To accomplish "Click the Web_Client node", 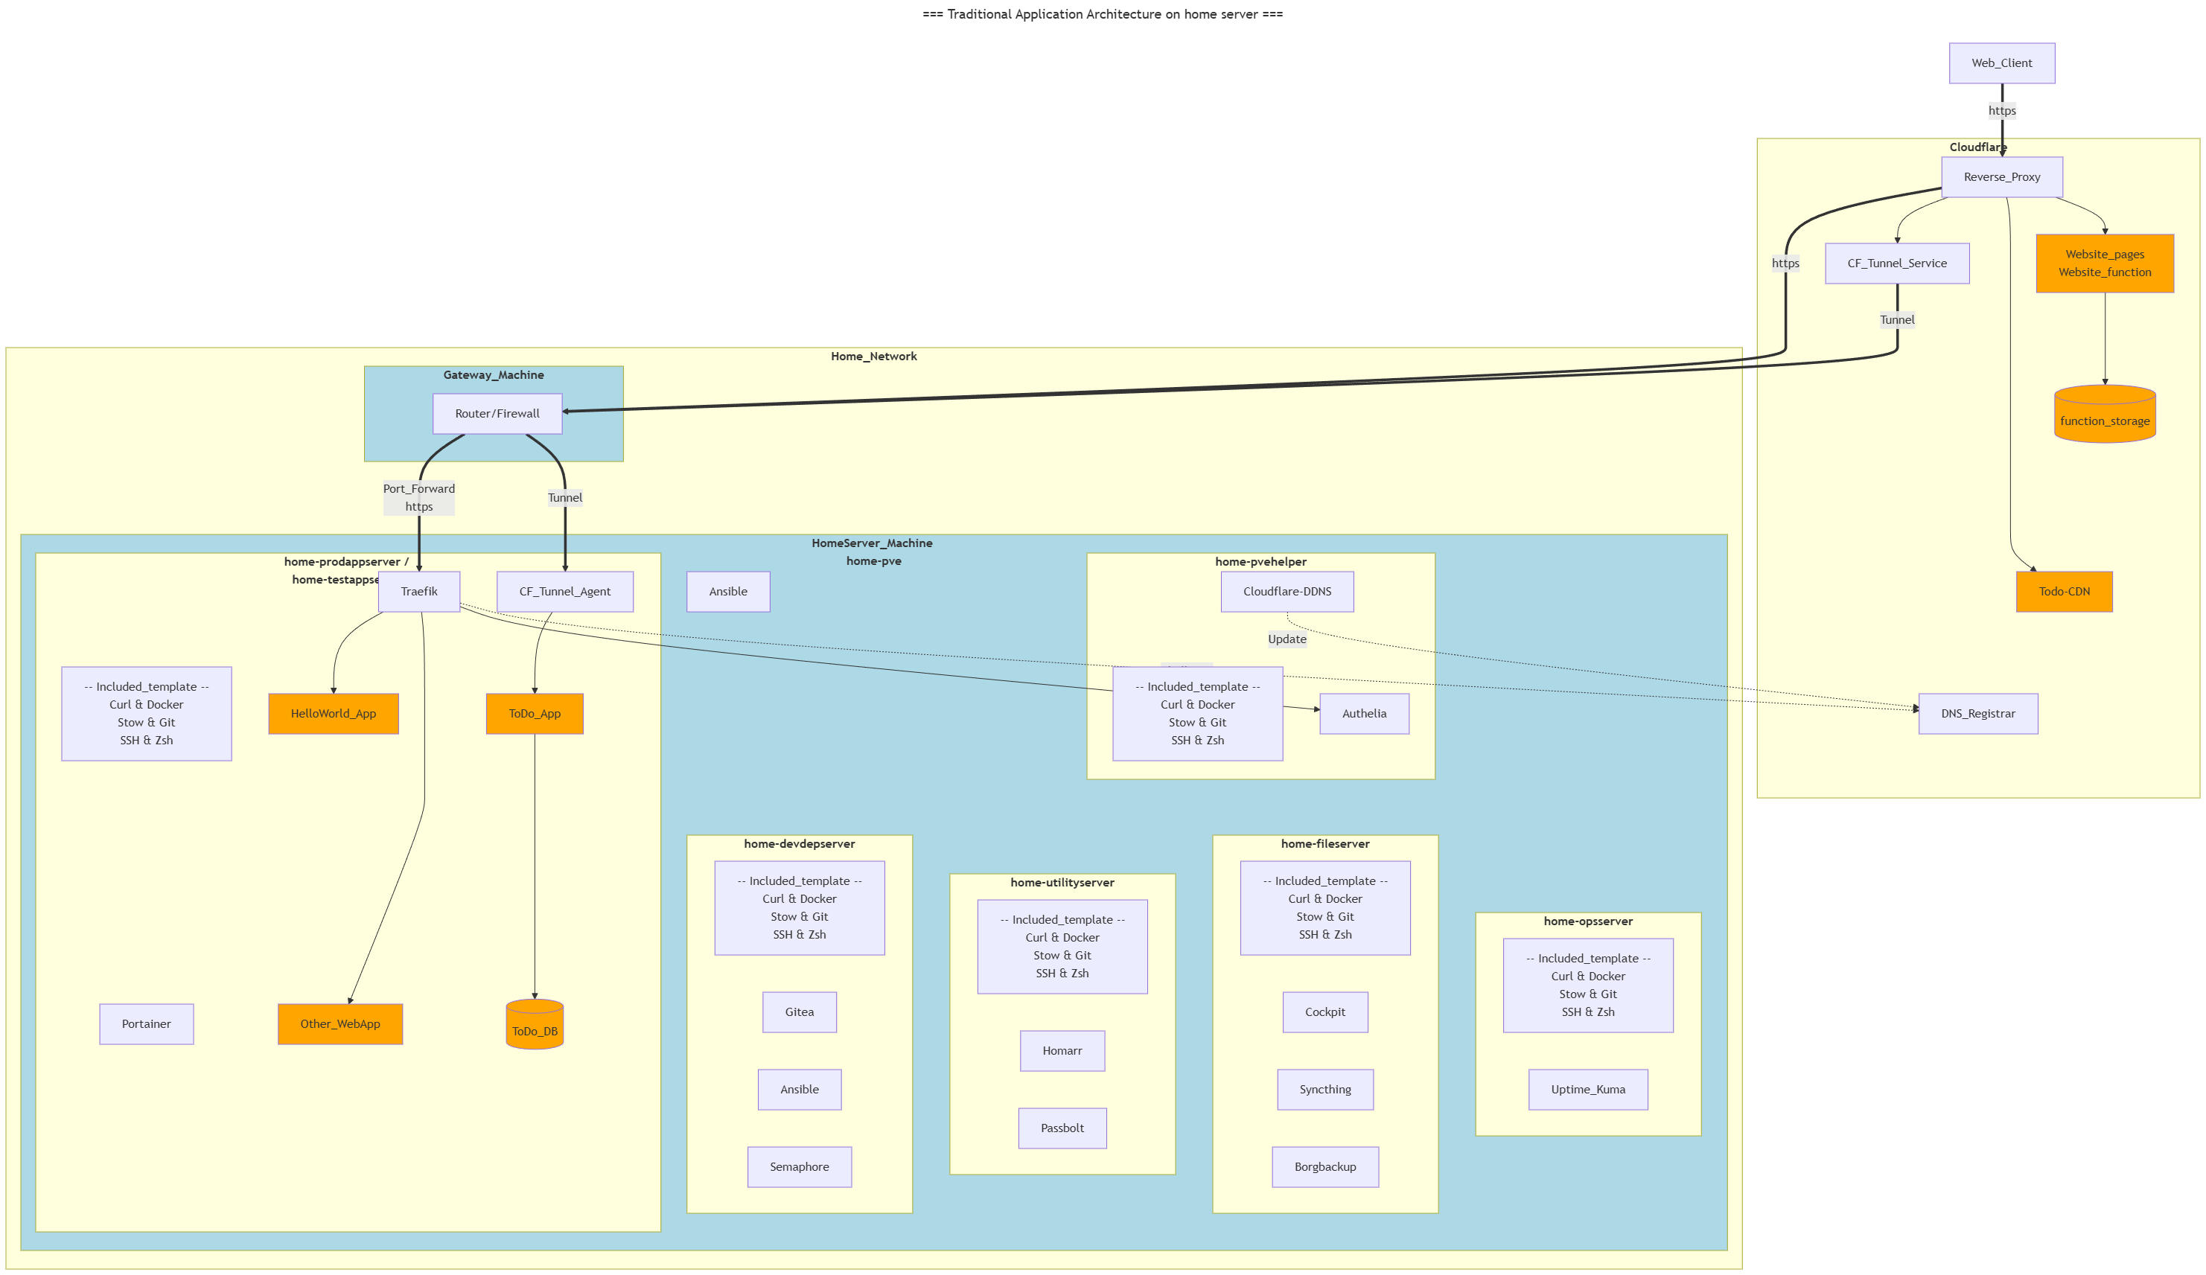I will click(2001, 63).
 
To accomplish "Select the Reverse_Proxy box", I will click(2001, 176).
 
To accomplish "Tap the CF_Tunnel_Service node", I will click(1896, 263).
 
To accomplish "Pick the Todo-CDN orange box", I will click(2063, 592).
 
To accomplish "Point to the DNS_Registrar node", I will click(1977, 713).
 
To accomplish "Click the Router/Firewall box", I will click(497, 413).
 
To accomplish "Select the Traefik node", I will click(418, 592).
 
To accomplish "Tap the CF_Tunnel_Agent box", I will click(564, 592).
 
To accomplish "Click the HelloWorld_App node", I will click(334, 713).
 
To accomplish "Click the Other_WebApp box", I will click(339, 1024).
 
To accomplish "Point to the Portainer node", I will click(146, 1024).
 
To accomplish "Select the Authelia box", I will click(1364, 713).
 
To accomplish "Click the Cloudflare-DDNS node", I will click(1287, 592).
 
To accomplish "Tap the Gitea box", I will click(799, 1012).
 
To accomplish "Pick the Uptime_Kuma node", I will click(1588, 1090).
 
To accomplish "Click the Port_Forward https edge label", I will click(418, 497).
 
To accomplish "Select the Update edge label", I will click(1287, 639).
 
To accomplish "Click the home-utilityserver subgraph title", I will click(1062, 882).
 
